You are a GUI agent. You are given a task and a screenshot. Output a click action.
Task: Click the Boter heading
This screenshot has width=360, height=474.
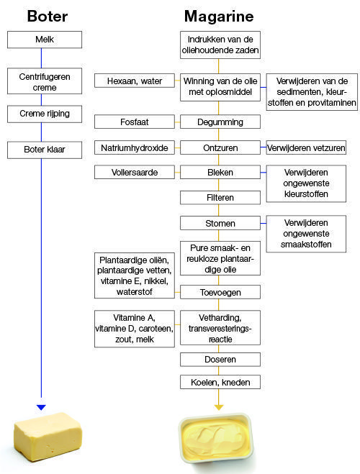[x=48, y=16]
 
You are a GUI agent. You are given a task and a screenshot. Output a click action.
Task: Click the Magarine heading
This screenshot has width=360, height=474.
[x=219, y=17]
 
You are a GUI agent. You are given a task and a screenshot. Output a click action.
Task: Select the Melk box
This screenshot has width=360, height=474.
[x=45, y=40]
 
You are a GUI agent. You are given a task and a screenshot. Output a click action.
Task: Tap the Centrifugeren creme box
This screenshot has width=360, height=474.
[x=45, y=81]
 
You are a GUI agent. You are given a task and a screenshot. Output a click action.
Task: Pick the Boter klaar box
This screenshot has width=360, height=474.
[x=45, y=150]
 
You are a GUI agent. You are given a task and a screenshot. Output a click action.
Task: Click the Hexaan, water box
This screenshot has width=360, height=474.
[x=135, y=81]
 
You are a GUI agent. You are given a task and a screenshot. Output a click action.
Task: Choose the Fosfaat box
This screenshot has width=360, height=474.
[x=135, y=122]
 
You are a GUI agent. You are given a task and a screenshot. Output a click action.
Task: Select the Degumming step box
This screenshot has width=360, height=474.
[x=220, y=122]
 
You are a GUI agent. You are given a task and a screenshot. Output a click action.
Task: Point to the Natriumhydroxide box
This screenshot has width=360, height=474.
[x=135, y=147]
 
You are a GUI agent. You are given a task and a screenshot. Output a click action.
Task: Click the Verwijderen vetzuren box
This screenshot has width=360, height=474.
[x=306, y=147]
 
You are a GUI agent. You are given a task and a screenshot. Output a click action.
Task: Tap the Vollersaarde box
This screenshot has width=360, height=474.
[x=135, y=172]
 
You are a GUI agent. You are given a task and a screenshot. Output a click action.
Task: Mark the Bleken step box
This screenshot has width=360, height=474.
[x=220, y=172]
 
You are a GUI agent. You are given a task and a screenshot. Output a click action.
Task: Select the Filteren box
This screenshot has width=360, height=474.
[x=220, y=197]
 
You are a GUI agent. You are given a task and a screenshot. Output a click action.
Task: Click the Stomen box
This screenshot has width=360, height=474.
[x=220, y=223]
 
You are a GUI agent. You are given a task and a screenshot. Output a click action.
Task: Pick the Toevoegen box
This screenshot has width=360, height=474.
[x=220, y=292]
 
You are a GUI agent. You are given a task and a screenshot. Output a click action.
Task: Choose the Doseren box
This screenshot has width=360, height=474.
[x=220, y=360]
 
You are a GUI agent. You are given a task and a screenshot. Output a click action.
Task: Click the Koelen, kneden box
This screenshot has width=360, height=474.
[x=220, y=382]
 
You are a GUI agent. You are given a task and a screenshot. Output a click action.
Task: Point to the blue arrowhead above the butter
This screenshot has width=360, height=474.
[x=41, y=407]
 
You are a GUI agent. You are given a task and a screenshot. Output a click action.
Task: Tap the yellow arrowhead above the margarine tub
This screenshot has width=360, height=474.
[x=219, y=407]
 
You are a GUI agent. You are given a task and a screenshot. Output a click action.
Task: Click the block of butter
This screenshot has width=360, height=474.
[x=48, y=436]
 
